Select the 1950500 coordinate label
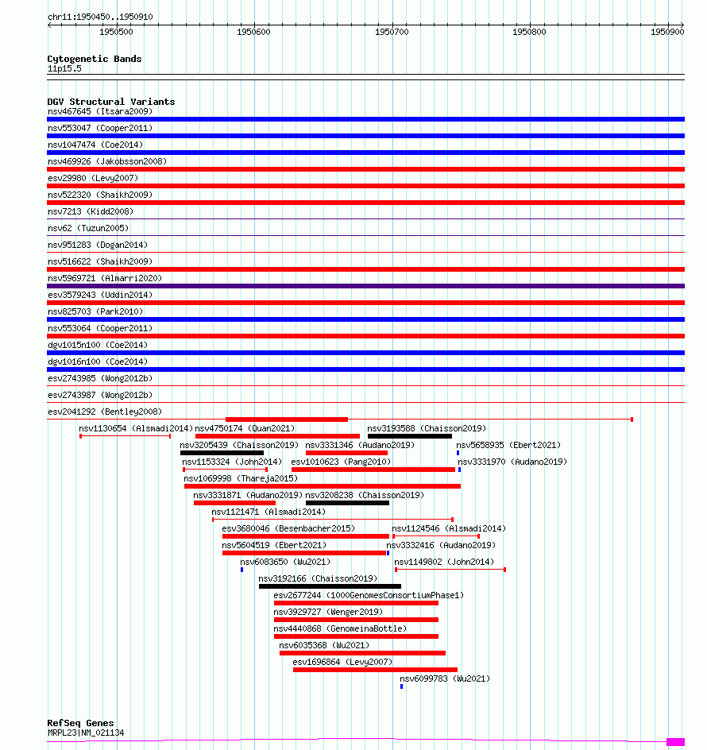(116, 32)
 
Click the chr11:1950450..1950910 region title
(100, 17)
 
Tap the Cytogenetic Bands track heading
(94, 59)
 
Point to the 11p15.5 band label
(64, 68)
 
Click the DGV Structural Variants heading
(110, 102)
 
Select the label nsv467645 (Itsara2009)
(99, 111)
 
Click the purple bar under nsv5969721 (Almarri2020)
(365, 286)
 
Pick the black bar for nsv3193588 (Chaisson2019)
(409, 435)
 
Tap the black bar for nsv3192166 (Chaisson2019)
(330, 586)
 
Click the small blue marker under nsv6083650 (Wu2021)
(241, 570)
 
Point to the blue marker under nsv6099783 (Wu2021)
(401, 686)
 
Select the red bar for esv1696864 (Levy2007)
(375, 670)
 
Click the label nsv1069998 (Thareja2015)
(240, 478)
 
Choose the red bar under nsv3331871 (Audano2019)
(234, 503)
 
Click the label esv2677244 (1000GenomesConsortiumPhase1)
(368, 595)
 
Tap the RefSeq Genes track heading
(80, 723)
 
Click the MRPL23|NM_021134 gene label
(85, 733)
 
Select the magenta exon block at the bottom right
(675, 742)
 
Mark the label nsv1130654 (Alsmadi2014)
(136, 428)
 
